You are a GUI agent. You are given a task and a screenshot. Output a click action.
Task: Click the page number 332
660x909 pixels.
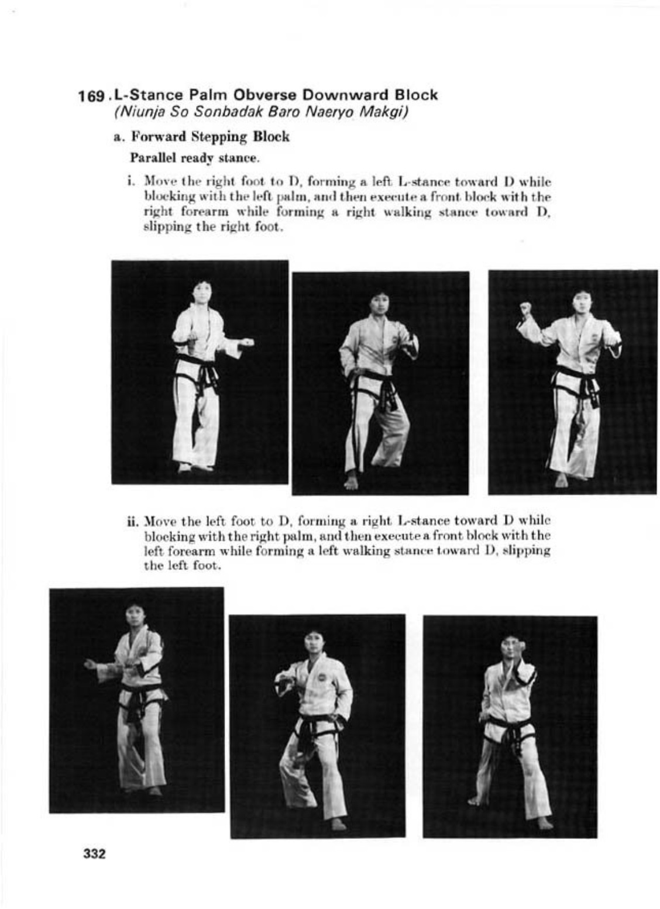coord(95,853)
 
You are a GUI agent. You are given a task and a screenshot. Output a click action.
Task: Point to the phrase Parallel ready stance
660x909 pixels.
coord(194,158)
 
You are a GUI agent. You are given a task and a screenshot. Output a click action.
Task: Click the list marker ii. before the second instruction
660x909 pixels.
coord(133,520)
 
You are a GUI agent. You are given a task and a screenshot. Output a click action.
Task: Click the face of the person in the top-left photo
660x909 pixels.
coord(202,292)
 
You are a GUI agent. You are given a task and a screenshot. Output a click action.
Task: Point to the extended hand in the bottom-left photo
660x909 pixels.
coord(89,664)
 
